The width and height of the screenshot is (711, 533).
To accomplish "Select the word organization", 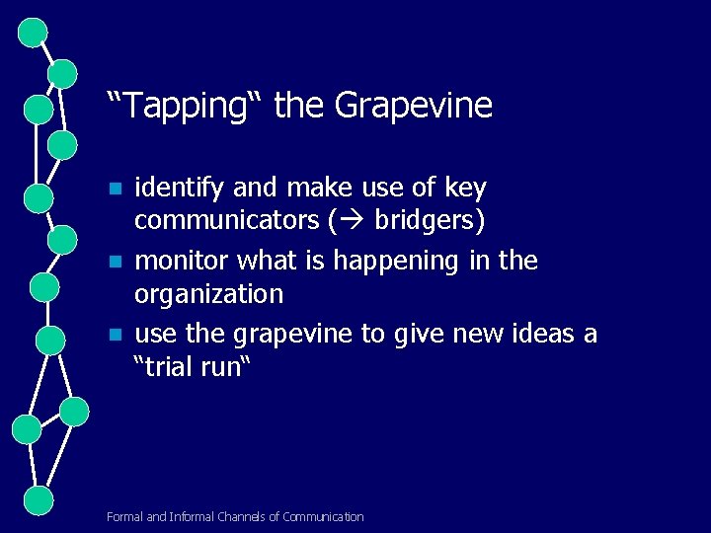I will point(208,294).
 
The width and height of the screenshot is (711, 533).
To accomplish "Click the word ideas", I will point(541,335).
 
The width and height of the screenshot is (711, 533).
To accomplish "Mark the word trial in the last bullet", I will point(179,367).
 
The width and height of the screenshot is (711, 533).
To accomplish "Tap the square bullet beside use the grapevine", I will point(115,336).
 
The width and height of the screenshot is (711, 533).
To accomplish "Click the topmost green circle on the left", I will point(33,33).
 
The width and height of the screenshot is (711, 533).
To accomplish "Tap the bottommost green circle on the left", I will point(39,499).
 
